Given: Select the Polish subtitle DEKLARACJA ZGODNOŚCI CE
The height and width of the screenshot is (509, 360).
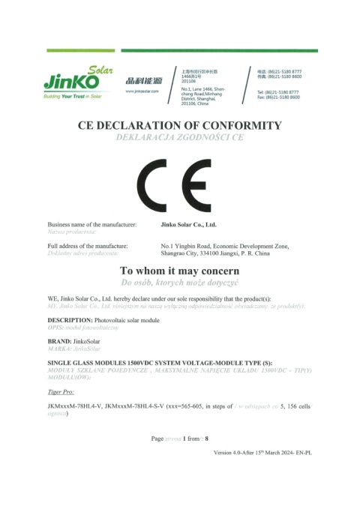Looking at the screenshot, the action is coord(179,138).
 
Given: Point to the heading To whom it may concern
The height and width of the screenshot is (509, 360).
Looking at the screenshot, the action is coord(179,271).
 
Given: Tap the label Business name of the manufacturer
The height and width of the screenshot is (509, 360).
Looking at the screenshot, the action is coord(92,225).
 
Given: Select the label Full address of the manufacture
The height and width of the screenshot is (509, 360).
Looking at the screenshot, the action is coord(88,246).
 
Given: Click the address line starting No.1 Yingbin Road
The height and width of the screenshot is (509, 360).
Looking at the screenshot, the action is coord(225,246).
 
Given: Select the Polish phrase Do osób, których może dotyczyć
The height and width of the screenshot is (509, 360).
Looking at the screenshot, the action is coord(179,283).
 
